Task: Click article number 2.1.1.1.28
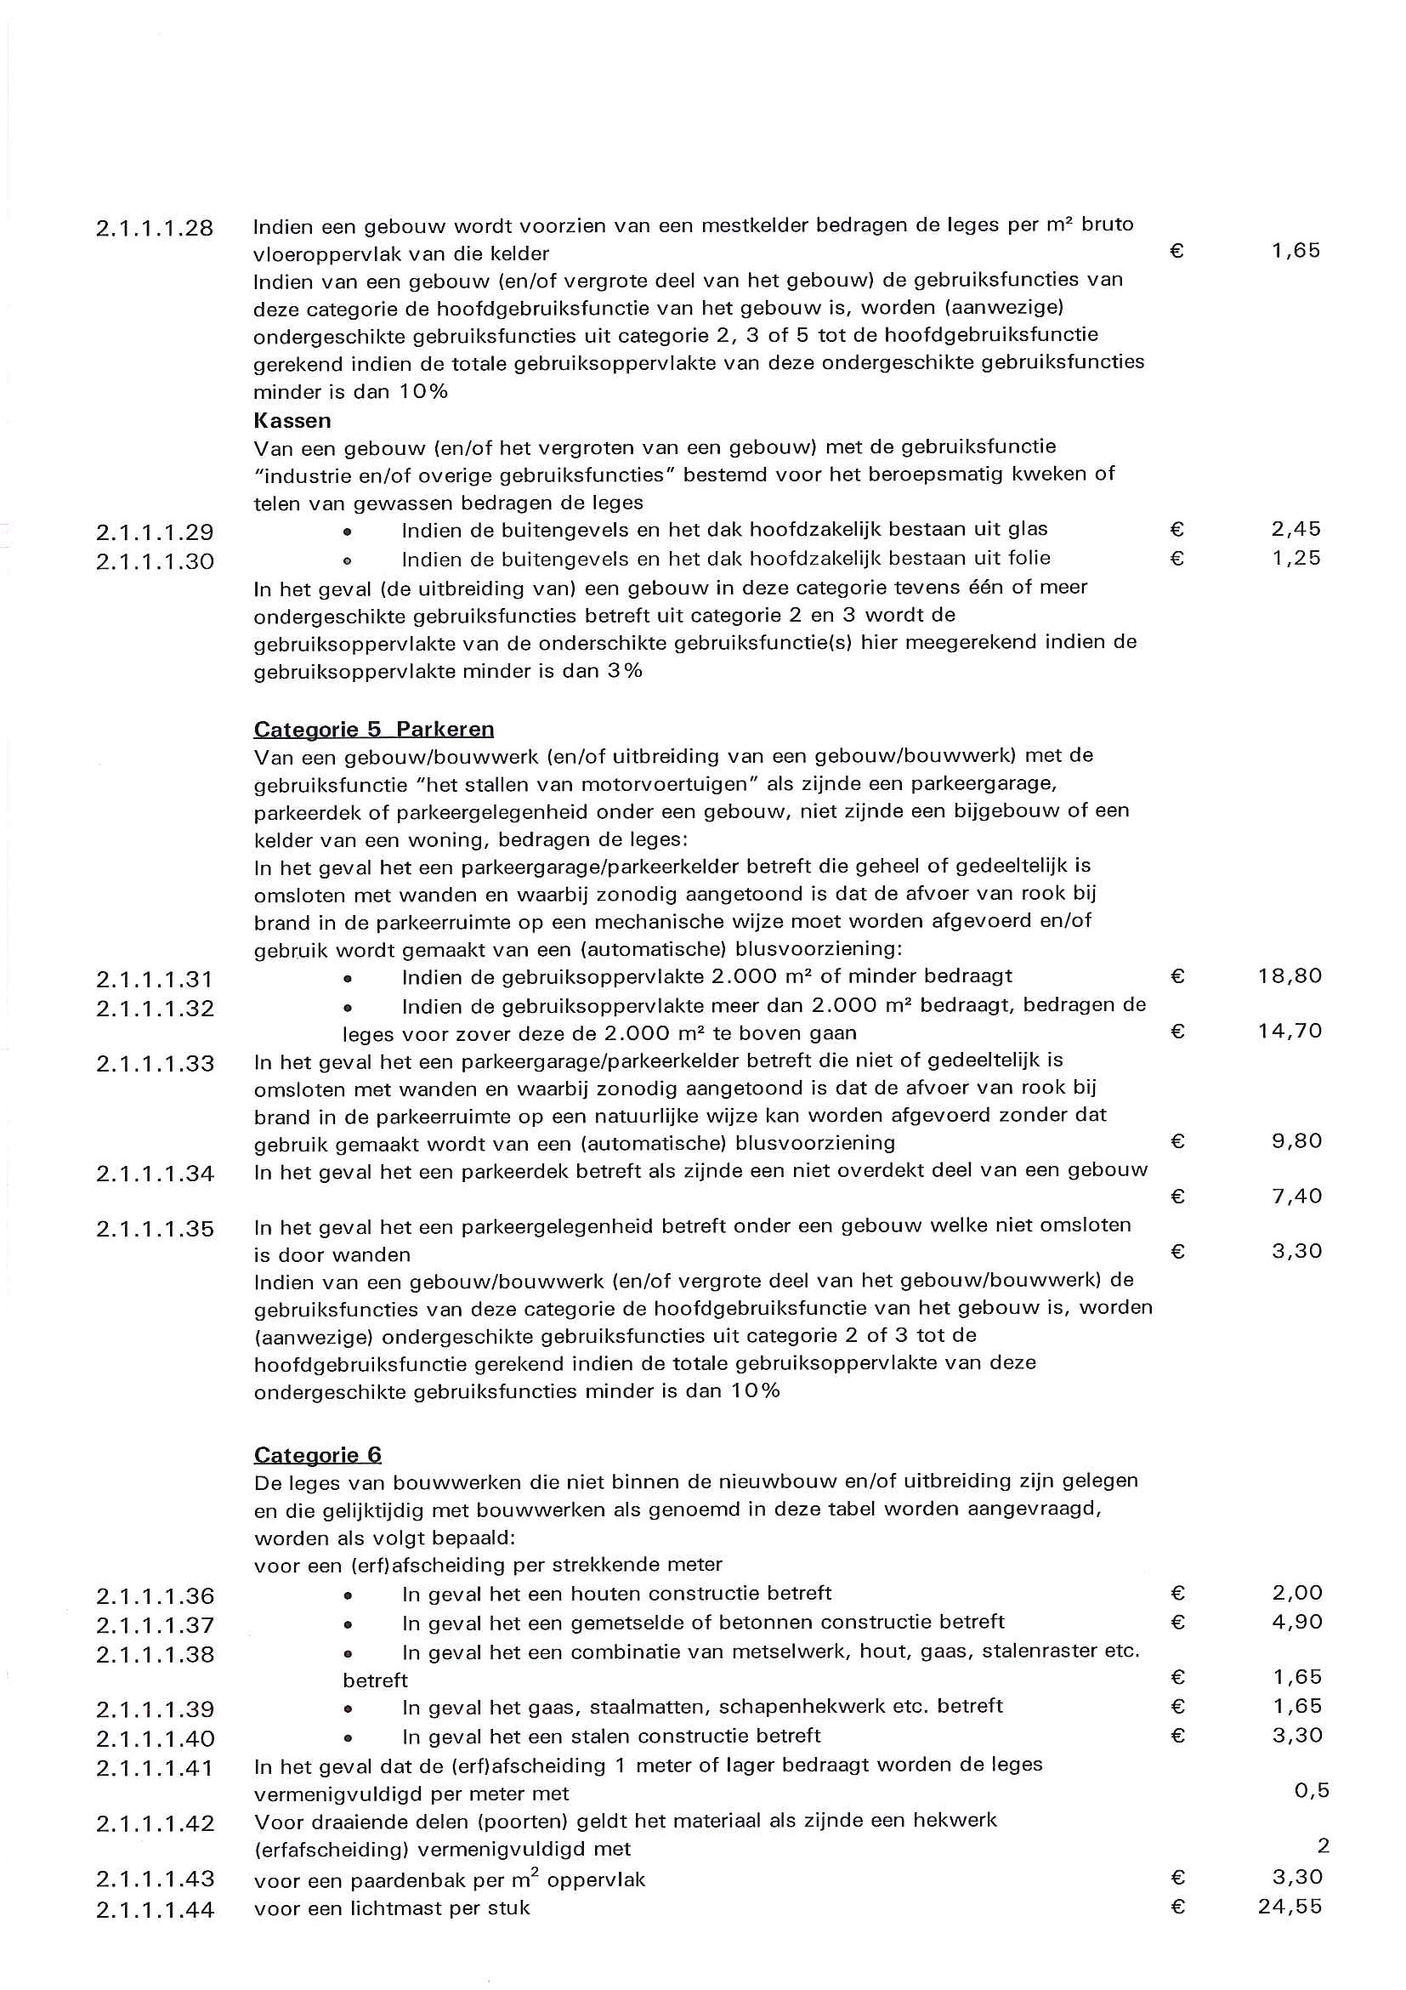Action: pyautogui.click(x=154, y=229)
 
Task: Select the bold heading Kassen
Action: pyautogui.click(x=292, y=421)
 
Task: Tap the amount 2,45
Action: pyautogui.click(x=1295, y=530)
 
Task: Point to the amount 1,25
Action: pyautogui.click(x=1295, y=559)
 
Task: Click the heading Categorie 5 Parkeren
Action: pyautogui.click(x=373, y=729)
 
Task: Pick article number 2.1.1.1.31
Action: pyautogui.click(x=154, y=981)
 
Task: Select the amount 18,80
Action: pyautogui.click(x=1289, y=977)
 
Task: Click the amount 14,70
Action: pyautogui.click(x=1289, y=1032)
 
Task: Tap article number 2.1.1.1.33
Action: pyautogui.click(x=154, y=1064)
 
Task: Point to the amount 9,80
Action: pyautogui.click(x=1296, y=1141)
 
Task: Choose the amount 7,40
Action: pyautogui.click(x=1296, y=1197)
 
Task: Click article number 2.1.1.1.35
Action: pyautogui.click(x=154, y=1229)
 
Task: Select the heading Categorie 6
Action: pyautogui.click(x=317, y=1455)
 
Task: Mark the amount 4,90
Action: pyautogui.click(x=1297, y=1622)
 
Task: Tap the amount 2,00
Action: pyautogui.click(x=1297, y=1593)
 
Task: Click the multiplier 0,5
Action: pyautogui.click(x=1311, y=1791)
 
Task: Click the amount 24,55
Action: pyautogui.click(x=1289, y=1907)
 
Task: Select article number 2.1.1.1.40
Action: pyautogui.click(x=154, y=1738)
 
